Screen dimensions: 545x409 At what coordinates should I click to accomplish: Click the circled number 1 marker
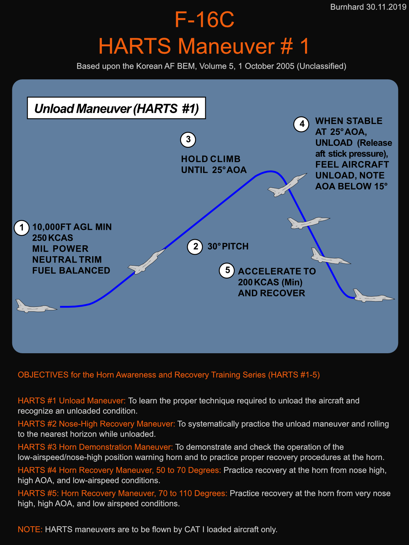tap(22, 228)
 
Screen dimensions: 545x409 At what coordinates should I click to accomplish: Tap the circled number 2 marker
tap(195, 247)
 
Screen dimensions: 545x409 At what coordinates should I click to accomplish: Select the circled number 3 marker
tap(188, 140)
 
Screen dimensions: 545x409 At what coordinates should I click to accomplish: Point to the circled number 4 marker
tap(301, 124)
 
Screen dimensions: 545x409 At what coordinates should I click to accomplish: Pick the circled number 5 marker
tap(227, 270)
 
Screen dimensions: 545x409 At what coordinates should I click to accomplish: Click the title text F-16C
tap(204, 19)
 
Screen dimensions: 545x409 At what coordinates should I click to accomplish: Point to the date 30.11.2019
tap(386, 7)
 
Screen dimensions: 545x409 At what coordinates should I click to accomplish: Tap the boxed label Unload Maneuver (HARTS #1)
tap(116, 108)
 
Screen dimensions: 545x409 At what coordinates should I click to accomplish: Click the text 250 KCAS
tap(53, 238)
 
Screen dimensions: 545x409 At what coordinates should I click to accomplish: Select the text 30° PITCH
tap(228, 246)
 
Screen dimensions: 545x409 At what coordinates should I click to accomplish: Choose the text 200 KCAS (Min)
tap(270, 282)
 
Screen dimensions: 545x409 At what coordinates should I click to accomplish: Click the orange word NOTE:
tap(30, 529)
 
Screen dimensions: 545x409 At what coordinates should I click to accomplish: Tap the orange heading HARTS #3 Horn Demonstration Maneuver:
tap(95, 447)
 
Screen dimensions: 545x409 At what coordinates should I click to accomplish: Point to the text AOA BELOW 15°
tap(351, 186)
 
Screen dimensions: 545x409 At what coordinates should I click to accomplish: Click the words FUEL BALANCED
tap(71, 270)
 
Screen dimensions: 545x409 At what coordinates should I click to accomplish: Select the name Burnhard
tap(347, 7)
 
